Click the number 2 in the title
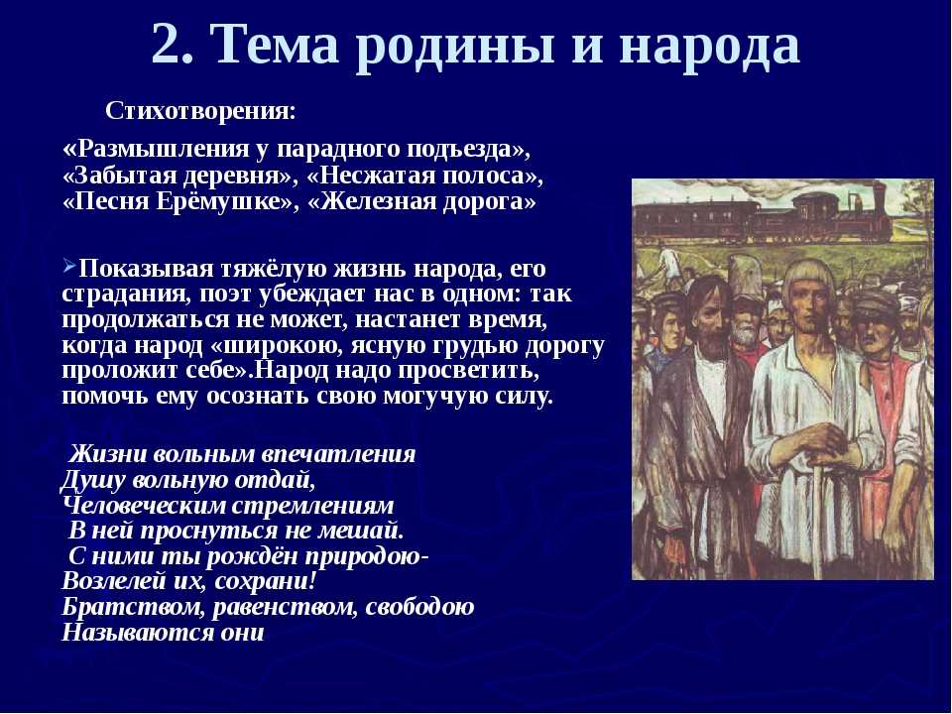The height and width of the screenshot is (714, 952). [x=172, y=45]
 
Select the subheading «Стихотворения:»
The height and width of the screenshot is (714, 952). [x=201, y=111]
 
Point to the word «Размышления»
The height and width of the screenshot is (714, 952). [x=166, y=150]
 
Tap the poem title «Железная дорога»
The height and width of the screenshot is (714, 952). [x=422, y=201]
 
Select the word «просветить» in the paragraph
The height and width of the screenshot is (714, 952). [x=466, y=371]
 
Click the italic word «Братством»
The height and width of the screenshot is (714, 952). [x=134, y=607]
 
